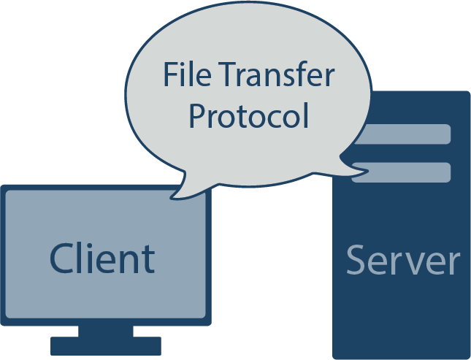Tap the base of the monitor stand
105,345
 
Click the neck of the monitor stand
105,331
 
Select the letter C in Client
63,258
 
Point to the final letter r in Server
453,263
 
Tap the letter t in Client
148,259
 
